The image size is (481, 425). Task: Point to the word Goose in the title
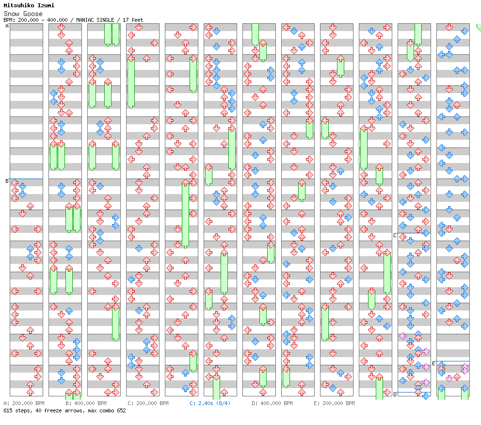point(33,14)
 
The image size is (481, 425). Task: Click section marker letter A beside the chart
point(7,26)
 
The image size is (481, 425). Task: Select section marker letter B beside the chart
point(7,181)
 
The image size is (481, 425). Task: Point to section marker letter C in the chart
point(395,235)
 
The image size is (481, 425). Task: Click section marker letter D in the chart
point(395,394)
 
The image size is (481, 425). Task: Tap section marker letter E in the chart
point(433,363)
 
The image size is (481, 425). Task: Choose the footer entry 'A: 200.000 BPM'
point(24,403)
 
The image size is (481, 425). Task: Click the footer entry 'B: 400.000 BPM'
point(86,403)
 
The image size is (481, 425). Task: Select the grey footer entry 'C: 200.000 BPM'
point(148,403)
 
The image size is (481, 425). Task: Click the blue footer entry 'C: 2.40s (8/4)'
point(210,403)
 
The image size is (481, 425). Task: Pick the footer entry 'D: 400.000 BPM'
point(272,403)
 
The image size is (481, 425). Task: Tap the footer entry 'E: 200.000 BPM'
point(334,403)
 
